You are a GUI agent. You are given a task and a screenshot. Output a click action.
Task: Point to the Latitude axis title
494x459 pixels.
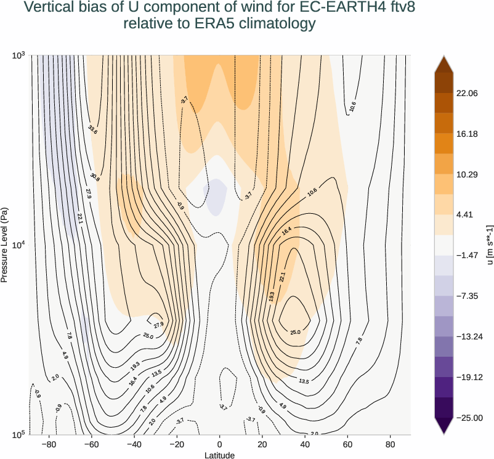pos(220,455)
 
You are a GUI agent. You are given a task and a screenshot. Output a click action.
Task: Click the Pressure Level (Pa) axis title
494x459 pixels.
pos(5,245)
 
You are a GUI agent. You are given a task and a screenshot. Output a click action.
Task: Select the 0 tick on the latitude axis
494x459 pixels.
pos(220,444)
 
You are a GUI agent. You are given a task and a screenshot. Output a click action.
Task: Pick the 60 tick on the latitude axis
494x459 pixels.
pos(347,444)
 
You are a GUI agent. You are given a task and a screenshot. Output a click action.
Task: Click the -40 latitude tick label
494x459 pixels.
pos(134,444)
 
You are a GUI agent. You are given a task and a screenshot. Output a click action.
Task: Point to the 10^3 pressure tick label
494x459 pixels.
pos(17,56)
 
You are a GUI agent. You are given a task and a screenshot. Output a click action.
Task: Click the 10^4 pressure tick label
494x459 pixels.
pos(17,245)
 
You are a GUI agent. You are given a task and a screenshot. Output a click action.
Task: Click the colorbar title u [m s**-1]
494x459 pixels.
pos(489,245)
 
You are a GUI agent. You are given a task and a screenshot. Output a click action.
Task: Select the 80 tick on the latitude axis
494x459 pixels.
pos(391,444)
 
